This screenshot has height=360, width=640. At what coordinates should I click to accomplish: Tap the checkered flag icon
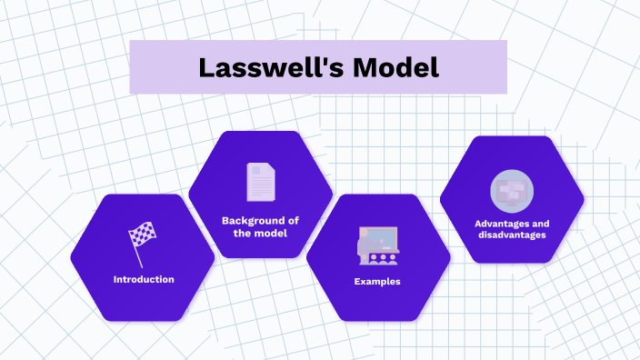pos(142,239)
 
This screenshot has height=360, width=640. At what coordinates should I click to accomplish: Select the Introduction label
pos(144,279)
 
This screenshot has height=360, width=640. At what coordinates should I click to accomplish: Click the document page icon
pos(260,182)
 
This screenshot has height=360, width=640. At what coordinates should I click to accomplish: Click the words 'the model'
pos(260,234)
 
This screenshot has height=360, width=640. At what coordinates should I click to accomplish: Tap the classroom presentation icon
pos(378,244)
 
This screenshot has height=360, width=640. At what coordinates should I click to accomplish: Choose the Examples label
pos(377,282)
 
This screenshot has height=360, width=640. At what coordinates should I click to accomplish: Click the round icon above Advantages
pos(512,191)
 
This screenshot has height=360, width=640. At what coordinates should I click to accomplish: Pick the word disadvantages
pos(511,235)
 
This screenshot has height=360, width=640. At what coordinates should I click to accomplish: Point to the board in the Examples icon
pos(382,237)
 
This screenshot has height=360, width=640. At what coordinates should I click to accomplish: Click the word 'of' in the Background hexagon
pos(293,220)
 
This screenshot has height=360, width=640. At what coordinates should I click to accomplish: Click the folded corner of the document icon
pos(269,168)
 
